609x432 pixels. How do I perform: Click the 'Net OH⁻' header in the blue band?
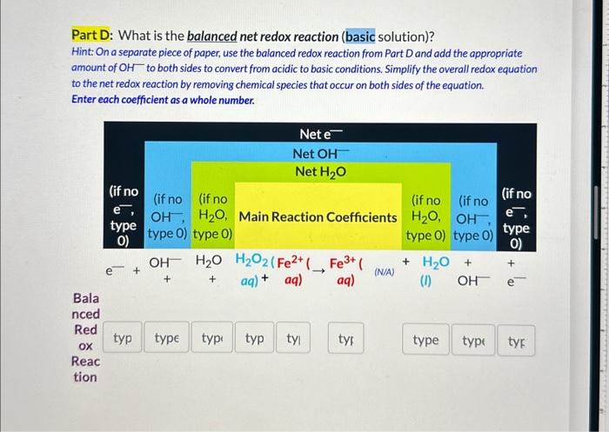[x=320, y=153]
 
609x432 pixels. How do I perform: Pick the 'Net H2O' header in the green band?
[x=320, y=171]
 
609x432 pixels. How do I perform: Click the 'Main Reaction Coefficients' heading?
[x=318, y=216]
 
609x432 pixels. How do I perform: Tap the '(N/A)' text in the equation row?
[x=384, y=272]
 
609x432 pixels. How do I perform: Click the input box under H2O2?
[x=255, y=340]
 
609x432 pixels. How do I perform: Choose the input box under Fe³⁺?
[x=346, y=340]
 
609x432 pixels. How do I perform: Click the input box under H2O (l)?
[x=425, y=340]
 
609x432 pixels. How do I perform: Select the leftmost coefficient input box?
[x=124, y=340]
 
